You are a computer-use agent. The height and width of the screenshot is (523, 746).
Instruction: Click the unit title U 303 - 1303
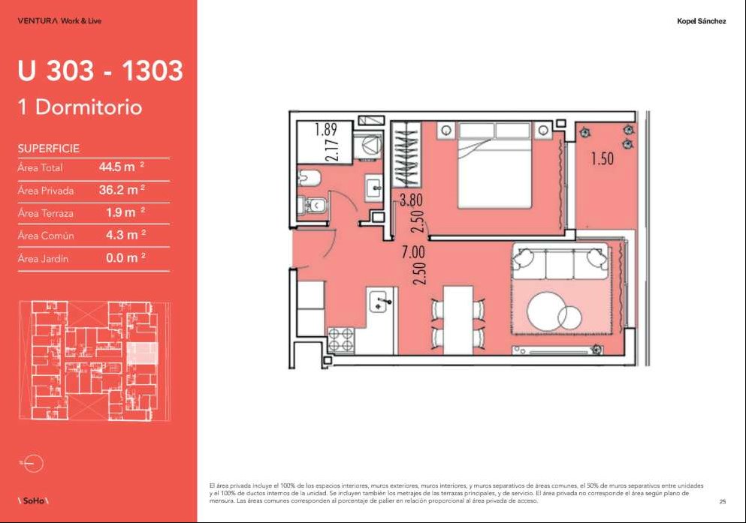[x=100, y=71]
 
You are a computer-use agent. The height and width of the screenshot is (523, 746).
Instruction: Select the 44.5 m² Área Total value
[x=122, y=167]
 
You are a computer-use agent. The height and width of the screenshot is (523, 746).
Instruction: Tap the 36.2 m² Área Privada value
[x=122, y=190]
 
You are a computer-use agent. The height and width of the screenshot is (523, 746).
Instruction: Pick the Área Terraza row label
[x=46, y=213]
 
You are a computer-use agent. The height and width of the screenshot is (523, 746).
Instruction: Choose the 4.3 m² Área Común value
[x=125, y=235]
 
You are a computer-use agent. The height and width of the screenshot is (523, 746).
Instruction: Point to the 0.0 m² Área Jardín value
[x=125, y=257]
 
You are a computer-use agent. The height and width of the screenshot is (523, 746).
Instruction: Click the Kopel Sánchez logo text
[x=701, y=21]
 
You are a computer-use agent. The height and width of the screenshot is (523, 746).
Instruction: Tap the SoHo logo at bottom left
[x=33, y=500]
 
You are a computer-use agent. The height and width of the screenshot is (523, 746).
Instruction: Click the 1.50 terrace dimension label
[x=602, y=158]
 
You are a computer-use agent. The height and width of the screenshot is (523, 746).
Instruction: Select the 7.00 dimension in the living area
[x=413, y=252]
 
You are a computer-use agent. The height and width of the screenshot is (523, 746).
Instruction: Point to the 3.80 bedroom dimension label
[x=411, y=200]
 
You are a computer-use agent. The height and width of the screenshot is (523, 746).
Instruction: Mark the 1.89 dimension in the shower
[x=326, y=129]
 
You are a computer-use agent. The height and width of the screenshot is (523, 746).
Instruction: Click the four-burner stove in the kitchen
[x=341, y=340]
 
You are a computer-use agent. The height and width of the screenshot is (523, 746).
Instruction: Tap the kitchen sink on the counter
[x=381, y=302]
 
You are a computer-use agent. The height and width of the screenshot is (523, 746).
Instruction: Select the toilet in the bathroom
[x=313, y=205]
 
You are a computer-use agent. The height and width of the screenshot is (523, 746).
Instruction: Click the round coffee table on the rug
[x=548, y=311]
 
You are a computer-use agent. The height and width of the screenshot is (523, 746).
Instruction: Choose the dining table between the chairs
[x=458, y=320]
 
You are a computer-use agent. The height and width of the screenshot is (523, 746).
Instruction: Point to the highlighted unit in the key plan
[x=142, y=353]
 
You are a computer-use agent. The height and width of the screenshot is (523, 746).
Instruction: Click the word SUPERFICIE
[x=49, y=149]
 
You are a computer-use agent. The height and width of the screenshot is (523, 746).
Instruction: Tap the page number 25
[x=723, y=501]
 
